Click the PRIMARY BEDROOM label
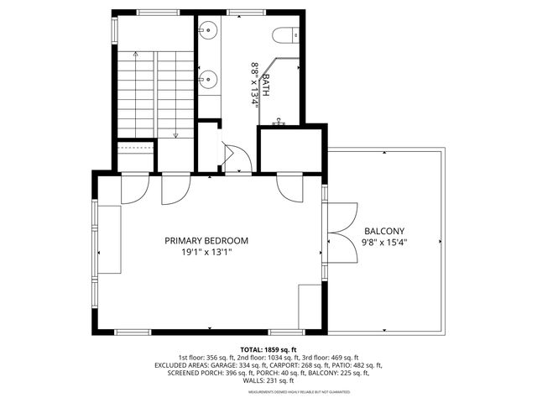206,240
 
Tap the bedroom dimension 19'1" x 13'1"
206,251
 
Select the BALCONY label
384,232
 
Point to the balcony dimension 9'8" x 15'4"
384,243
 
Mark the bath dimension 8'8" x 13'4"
254,82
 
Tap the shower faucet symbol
279,123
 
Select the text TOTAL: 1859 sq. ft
268,349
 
